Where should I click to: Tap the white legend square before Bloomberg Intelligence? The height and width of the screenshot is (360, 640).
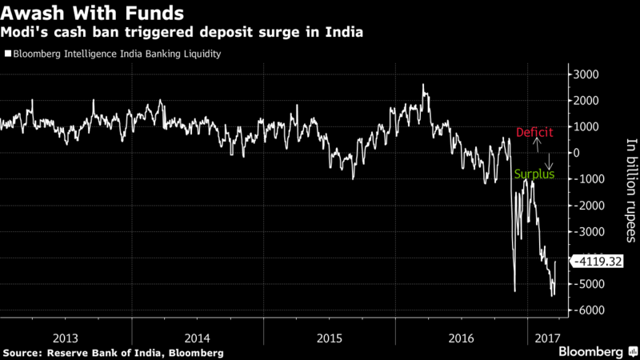(x=8, y=54)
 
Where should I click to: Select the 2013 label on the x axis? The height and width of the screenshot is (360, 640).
(x=66, y=337)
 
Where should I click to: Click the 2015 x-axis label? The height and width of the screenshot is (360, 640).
(x=330, y=337)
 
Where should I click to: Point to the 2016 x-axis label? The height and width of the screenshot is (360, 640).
(x=462, y=337)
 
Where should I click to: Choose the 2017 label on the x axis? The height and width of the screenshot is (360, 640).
(x=546, y=337)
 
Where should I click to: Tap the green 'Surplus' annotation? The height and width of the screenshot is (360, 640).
(x=534, y=174)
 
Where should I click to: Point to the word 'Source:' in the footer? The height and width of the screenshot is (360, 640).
(x=25, y=353)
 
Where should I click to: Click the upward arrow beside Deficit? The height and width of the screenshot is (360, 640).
(x=538, y=145)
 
